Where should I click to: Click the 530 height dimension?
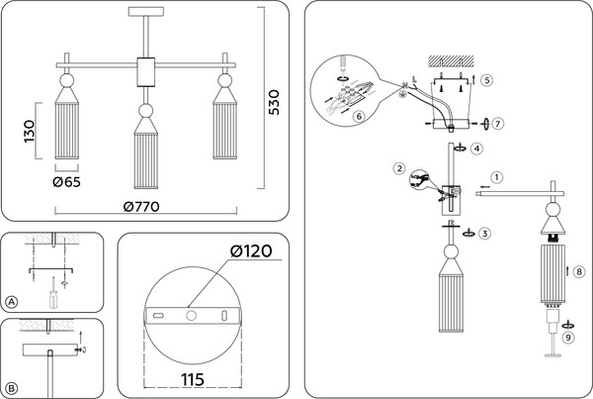273,102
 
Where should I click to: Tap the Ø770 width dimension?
141,207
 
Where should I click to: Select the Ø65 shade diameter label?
66,182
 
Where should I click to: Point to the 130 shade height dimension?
29,131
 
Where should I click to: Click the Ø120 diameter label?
251,250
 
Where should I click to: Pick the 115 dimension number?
193,379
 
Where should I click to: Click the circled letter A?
12,302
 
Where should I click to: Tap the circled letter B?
12,388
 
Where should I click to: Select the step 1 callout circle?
496,177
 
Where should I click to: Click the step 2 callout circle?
399,168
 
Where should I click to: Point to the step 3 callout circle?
485,233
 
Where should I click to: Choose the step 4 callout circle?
477,149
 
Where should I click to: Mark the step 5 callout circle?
486,80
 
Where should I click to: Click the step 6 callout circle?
359,116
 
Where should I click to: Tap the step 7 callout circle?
498,124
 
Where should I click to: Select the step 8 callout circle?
579,271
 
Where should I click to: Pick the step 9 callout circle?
568,338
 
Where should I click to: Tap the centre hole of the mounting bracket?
192,315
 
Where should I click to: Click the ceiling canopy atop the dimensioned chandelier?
146,12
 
